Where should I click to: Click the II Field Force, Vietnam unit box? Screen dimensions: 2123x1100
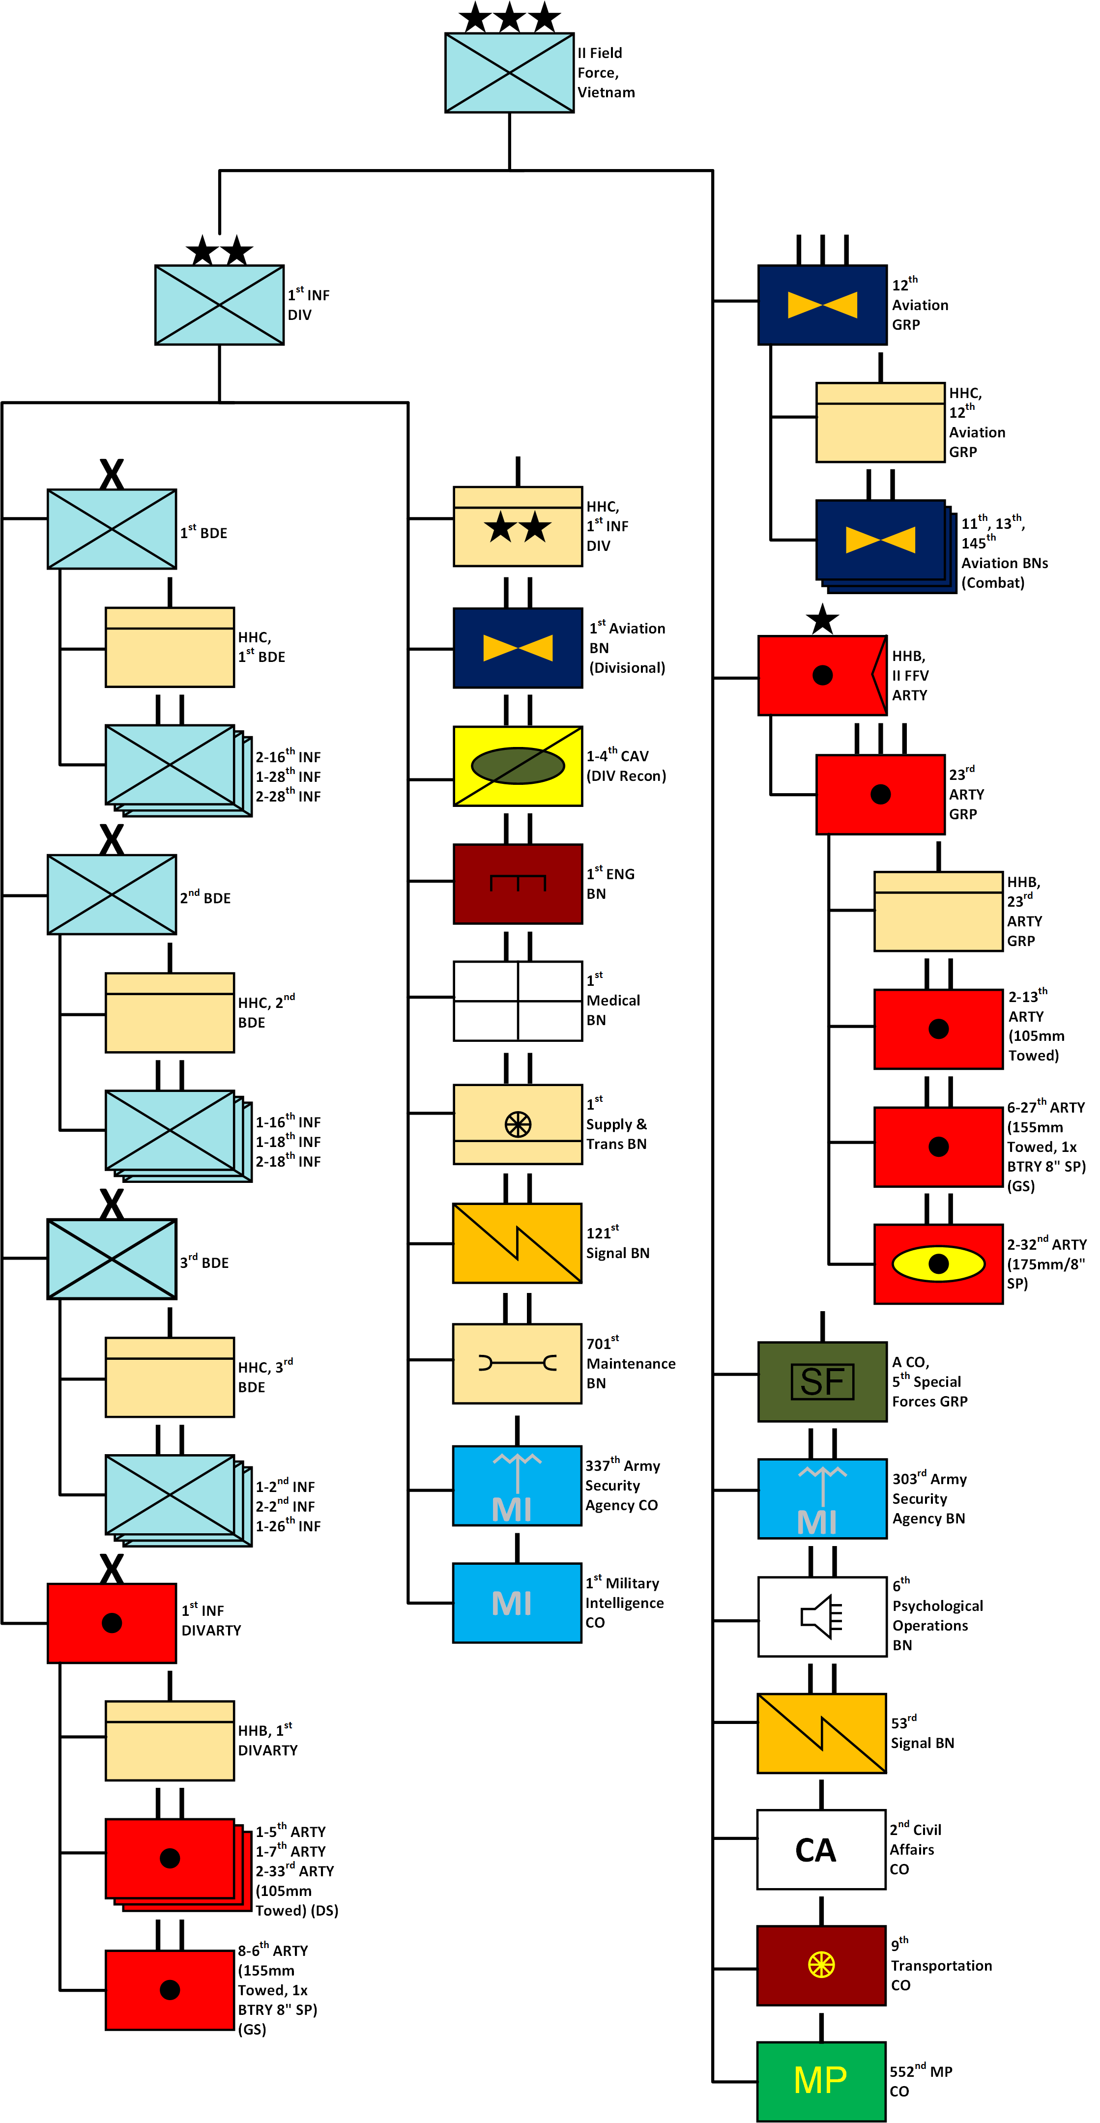509,73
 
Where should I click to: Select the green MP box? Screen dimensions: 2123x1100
821,2080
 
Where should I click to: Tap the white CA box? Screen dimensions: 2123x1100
821,1849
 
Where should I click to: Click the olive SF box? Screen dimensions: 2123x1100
821,1381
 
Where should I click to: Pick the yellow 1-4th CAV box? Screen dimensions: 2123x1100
518,766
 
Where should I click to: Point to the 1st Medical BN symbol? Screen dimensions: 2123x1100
518,1001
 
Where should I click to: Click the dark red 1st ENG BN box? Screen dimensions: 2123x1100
518,884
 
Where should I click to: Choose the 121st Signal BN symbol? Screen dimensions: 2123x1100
518,1243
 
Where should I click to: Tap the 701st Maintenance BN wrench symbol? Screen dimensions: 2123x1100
518,1363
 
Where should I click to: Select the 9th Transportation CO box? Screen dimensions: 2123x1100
821,1965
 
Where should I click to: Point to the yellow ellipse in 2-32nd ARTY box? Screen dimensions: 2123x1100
938,1263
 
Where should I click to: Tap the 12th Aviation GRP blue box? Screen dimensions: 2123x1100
821,304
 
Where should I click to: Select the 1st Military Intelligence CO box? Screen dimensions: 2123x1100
518,1603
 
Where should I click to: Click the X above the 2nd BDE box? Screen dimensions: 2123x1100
111,839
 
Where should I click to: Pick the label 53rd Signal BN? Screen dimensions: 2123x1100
922,1732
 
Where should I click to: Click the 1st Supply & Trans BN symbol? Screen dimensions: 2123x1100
518,1124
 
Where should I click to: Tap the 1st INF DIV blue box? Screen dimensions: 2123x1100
219,304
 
